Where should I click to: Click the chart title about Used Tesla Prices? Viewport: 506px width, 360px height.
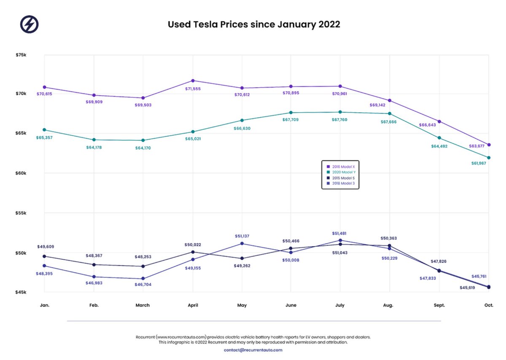254,24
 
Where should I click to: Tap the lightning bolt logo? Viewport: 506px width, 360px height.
30,24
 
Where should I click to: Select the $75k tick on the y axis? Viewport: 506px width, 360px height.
22,54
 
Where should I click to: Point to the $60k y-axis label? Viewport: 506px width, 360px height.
22,173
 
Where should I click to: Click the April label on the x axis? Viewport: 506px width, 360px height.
193,305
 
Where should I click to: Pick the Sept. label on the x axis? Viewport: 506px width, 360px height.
439,305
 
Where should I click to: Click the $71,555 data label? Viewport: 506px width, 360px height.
193,89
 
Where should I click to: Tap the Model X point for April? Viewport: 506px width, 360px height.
193,81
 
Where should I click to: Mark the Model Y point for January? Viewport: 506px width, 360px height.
44,130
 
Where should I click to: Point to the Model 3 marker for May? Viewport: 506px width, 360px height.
242,243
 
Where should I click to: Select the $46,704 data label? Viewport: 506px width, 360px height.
143,285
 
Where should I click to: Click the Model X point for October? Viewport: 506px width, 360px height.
489,145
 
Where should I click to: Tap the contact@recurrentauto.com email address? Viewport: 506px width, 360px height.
253,350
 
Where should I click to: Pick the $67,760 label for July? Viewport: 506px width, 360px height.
340,120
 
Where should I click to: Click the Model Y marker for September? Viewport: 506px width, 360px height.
439,138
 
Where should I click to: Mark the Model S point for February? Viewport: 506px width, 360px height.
94,265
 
